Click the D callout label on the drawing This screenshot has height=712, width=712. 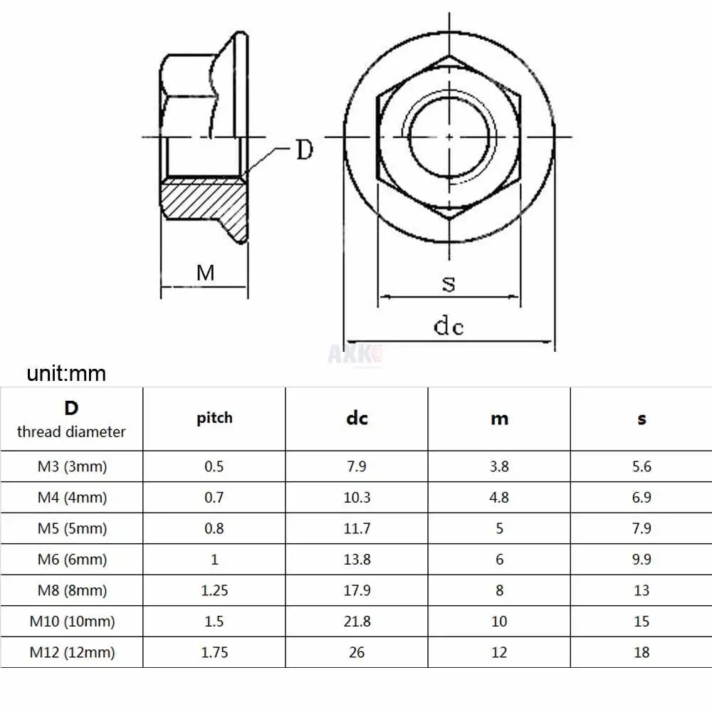click(x=304, y=150)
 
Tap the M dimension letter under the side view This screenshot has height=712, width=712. click(x=206, y=272)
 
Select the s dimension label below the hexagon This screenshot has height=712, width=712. click(x=449, y=284)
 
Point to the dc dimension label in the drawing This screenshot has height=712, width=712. click(x=449, y=326)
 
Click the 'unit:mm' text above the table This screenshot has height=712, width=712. click(x=66, y=373)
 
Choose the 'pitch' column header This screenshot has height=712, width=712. click(x=214, y=418)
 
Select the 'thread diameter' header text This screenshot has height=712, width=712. click(x=71, y=431)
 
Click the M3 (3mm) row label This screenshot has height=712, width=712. click(x=71, y=467)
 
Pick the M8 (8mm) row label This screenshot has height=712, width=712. click(x=71, y=590)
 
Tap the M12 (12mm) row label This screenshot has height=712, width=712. click(x=71, y=652)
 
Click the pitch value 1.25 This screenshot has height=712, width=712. click(x=214, y=590)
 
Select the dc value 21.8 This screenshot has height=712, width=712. click(x=357, y=622)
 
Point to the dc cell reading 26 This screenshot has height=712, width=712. click(x=357, y=652)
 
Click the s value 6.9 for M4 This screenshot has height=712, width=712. click(x=642, y=498)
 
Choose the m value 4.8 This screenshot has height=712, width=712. click(x=499, y=498)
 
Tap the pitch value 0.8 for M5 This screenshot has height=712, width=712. click(x=214, y=528)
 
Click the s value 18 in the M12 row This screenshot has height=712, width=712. click(x=642, y=652)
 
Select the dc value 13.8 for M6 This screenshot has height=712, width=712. click(x=357, y=560)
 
